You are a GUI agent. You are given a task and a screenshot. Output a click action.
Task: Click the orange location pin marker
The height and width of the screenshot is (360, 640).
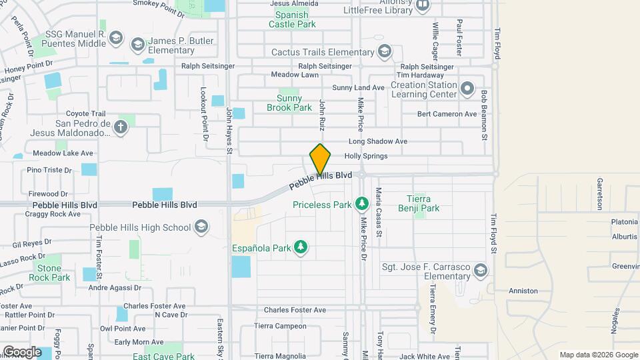[320, 159]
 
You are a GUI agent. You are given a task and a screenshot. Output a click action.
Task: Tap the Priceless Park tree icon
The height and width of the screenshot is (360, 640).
[361, 202]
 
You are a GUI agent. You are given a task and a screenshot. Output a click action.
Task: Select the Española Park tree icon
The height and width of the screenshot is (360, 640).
[301, 247]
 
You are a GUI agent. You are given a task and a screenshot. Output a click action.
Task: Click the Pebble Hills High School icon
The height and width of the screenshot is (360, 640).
[201, 227]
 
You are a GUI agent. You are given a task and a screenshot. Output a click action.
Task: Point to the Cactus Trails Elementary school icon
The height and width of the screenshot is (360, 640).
[384, 51]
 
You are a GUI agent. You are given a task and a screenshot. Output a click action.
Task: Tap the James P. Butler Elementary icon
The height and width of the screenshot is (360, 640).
[137, 45]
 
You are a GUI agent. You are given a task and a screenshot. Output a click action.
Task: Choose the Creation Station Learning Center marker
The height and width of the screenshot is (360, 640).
[467, 89]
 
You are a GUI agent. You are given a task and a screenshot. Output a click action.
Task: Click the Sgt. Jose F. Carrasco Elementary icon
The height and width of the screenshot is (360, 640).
[481, 271]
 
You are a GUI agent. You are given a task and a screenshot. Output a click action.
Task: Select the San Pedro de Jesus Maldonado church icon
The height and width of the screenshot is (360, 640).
[121, 127]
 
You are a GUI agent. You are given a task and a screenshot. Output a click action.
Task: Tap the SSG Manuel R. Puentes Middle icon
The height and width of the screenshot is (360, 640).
[116, 38]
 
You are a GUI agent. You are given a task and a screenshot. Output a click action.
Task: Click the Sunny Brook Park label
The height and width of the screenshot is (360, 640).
[289, 103]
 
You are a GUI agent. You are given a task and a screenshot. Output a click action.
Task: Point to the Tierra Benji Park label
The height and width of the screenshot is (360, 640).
[423, 203]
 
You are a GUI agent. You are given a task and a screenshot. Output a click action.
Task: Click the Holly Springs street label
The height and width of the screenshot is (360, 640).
[365, 156]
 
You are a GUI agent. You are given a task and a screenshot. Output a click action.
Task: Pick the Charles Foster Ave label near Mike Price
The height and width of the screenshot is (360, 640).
[295, 310]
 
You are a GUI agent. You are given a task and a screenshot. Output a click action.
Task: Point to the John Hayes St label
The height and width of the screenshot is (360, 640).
[228, 131]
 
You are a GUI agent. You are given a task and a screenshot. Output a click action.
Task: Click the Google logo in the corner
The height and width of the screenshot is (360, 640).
[22, 351]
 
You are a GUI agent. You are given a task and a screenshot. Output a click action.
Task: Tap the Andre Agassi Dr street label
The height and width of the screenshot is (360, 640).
[115, 288]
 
